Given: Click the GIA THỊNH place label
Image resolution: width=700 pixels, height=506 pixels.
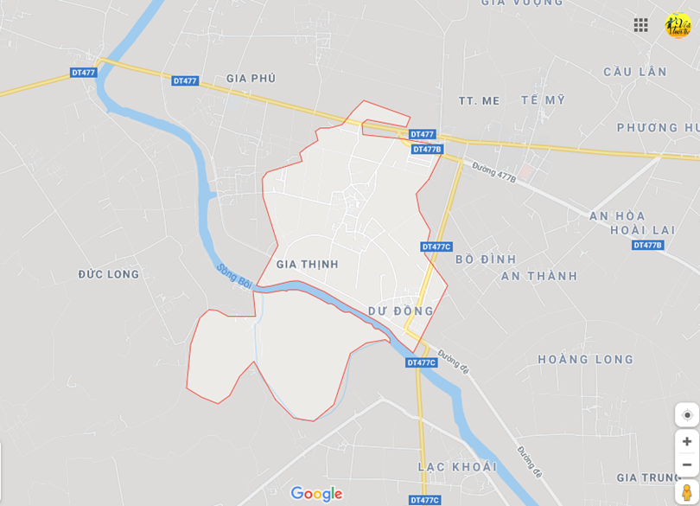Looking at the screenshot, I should (307, 264).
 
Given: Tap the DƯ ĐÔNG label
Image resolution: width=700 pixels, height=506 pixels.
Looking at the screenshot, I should (400, 311).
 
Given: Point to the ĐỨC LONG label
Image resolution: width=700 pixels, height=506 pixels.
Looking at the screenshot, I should (108, 274).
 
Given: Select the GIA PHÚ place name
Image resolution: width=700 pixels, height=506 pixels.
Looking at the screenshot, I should (251, 79).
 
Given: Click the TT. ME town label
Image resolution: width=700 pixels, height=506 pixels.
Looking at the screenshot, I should (480, 100).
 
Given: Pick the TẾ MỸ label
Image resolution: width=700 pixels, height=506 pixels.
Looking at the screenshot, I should (543, 100).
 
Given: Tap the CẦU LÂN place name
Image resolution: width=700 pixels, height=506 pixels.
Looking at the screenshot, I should (635, 72).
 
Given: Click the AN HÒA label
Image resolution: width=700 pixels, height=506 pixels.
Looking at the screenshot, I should (617, 215).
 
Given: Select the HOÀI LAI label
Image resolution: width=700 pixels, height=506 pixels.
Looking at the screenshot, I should (642, 229).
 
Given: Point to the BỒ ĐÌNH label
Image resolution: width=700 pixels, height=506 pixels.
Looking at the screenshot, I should (485, 259).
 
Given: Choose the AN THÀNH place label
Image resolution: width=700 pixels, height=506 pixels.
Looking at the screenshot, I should (539, 276).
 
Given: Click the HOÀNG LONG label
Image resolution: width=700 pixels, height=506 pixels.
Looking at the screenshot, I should (585, 359).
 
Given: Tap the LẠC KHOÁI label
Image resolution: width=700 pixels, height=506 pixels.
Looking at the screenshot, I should (457, 467).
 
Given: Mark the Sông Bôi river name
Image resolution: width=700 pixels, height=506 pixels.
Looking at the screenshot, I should (234, 277).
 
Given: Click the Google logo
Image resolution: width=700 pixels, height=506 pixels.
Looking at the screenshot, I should (316, 494).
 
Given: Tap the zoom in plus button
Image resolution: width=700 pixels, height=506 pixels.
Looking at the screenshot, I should (687, 442).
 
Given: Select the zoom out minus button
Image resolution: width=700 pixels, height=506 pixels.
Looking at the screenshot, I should (687, 464).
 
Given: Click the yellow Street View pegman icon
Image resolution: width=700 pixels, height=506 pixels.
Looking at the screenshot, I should (687, 492).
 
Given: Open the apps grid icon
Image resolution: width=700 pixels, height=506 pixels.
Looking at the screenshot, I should (640, 25).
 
